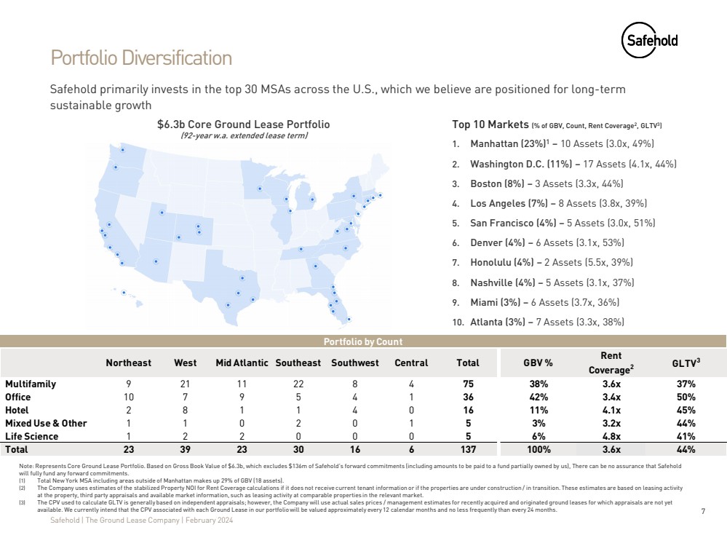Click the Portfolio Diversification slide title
[x=141, y=58]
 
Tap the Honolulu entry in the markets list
[x=551, y=263]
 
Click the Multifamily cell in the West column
[x=185, y=384]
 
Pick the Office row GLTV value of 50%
[x=685, y=397]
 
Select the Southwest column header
[x=354, y=363]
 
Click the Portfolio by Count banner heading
[x=363, y=341]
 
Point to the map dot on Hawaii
[x=124, y=293]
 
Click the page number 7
[x=703, y=511]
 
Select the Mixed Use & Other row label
[x=46, y=423]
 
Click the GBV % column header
[x=539, y=363]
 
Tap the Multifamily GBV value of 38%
[x=539, y=384]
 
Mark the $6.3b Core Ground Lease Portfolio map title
[x=243, y=124]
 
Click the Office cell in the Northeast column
[x=128, y=397]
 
